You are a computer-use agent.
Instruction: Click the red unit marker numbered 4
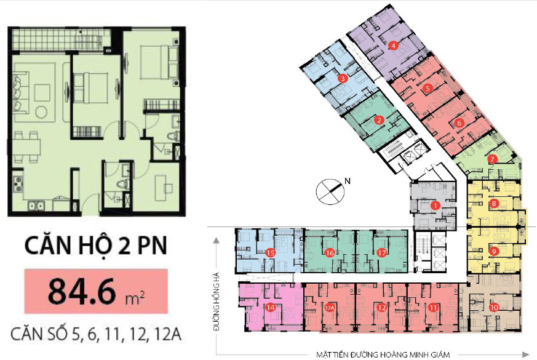(x=393, y=45)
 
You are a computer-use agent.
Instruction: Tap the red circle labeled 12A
(x=330, y=307)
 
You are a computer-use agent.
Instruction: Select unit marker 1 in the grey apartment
(x=435, y=206)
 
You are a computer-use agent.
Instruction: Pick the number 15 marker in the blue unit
(x=270, y=253)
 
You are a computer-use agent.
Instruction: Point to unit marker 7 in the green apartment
(x=492, y=159)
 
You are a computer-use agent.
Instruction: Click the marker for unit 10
(x=494, y=307)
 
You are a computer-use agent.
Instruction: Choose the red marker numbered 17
(x=381, y=253)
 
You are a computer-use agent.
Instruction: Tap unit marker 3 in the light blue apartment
(x=342, y=78)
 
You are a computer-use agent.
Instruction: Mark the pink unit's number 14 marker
(x=270, y=307)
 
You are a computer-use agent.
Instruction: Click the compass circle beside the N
(x=330, y=192)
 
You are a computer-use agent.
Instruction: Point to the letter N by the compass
(x=348, y=180)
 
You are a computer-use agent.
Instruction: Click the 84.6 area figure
(x=82, y=291)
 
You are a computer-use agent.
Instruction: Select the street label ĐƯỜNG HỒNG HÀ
(x=216, y=302)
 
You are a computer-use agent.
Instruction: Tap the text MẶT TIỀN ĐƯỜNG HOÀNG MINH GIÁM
(x=383, y=355)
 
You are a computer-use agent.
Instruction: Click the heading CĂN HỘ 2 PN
(x=96, y=246)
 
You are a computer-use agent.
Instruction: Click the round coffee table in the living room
(x=42, y=112)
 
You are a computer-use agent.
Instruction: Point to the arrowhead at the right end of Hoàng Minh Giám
(x=526, y=355)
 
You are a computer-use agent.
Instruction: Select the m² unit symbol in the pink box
(x=135, y=298)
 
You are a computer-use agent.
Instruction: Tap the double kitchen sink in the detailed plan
(x=36, y=206)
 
